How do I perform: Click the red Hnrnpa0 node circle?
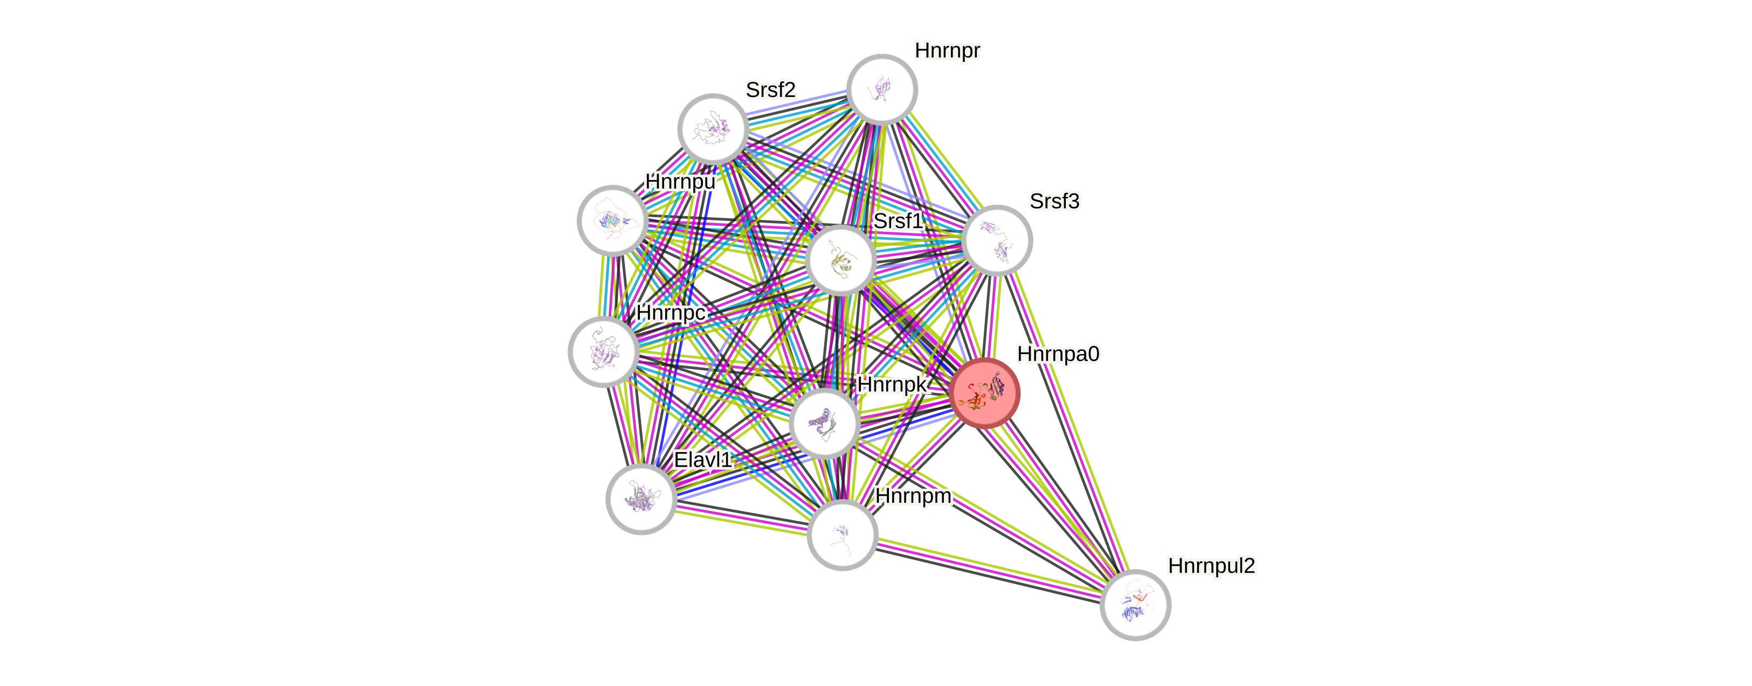click(x=985, y=393)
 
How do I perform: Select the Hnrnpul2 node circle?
click(x=1135, y=605)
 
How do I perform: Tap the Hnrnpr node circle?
click(x=882, y=89)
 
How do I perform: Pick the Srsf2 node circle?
click(x=713, y=128)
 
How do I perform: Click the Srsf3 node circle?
click(x=998, y=240)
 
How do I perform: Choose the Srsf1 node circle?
click(x=840, y=260)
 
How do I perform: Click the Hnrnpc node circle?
click(x=603, y=351)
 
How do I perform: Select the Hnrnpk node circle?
click(x=824, y=423)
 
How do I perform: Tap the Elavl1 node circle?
click(x=640, y=498)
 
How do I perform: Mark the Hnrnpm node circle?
click(x=842, y=535)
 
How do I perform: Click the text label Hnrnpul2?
click(x=1211, y=566)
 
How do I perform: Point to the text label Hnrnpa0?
click(x=1058, y=354)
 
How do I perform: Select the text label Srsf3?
click(x=1054, y=201)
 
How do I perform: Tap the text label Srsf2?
click(x=770, y=90)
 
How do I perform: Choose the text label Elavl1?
click(x=702, y=460)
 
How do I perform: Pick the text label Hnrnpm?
click(x=913, y=496)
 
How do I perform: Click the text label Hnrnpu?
click(x=680, y=182)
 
